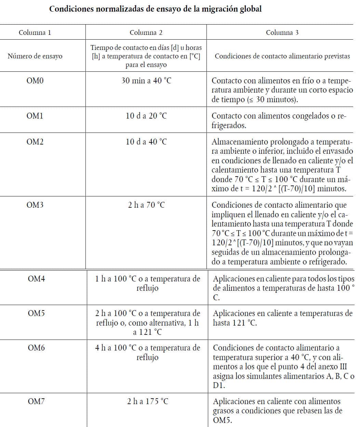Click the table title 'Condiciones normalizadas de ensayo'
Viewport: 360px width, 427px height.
[155, 9]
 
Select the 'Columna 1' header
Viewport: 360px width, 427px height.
[35, 32]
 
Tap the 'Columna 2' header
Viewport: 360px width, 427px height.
[146, 32]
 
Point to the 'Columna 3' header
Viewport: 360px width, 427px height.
[282, 32]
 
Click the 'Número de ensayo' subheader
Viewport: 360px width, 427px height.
[35, 56]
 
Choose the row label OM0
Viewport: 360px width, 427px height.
[35, 81]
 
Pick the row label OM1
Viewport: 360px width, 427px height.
[35, 116]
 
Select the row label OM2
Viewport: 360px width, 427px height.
[35, 142]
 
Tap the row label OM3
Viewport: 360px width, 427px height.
[35, 205]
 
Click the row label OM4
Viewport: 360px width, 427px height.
[36, 279]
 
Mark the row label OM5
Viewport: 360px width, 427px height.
[36, 313]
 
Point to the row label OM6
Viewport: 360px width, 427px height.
[36, 348]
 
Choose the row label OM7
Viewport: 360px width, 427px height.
[36, 401]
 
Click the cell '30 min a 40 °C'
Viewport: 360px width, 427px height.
[146, 81]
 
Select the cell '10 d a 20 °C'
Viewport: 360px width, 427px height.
[146, 116]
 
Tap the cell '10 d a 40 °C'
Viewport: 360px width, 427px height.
[146, 142]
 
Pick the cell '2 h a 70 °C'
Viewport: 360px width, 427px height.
[146, 205]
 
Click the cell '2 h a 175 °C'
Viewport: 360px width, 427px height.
[147, 401]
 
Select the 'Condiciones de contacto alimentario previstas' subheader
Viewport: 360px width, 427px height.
[282, 56]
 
